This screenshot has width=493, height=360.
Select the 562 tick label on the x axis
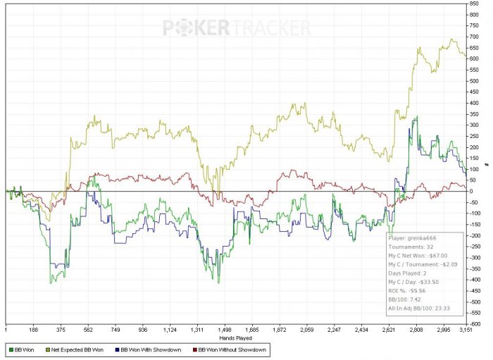[x=87, y=329]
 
